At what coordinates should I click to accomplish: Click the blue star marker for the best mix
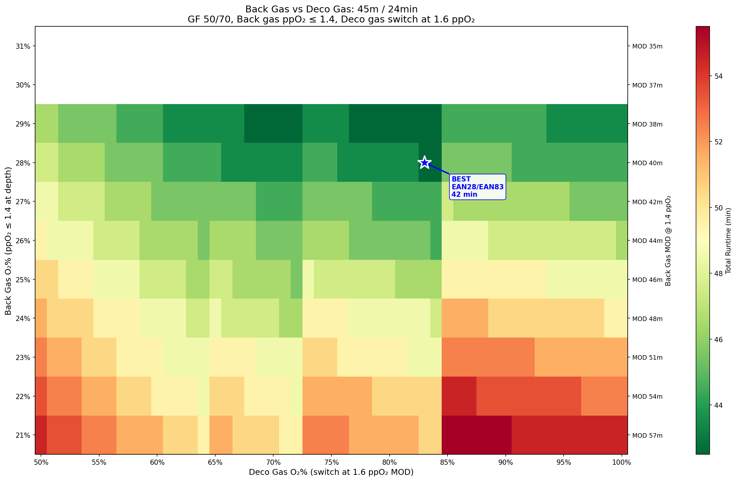[424, 162]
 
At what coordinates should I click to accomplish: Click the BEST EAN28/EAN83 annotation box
[477, 187]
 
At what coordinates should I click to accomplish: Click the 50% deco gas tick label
[41, 462]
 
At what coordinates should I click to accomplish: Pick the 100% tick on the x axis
[622, 462]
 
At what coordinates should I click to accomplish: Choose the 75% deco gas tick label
[331, 462]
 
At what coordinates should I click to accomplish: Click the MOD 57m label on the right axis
[647, 435]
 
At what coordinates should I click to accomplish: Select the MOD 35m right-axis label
[647, 46]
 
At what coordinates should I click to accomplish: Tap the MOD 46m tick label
[647, 280]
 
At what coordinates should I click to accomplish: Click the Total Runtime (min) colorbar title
[729, 241]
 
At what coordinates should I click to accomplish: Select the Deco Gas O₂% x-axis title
[331, 472]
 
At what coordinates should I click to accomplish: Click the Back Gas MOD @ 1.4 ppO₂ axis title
[668, 241]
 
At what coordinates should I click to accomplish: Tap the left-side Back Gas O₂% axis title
[8, 241]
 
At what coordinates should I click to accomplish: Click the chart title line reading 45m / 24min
[331, 9]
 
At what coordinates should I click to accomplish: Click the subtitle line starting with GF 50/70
[331, 20]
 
